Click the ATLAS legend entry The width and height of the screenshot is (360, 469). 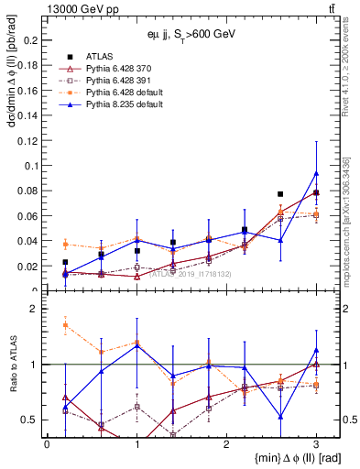tap(100, 58)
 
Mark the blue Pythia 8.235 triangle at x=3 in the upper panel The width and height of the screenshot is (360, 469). tap(316, 173)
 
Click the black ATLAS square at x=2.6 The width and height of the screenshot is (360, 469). tap(280, 194)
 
